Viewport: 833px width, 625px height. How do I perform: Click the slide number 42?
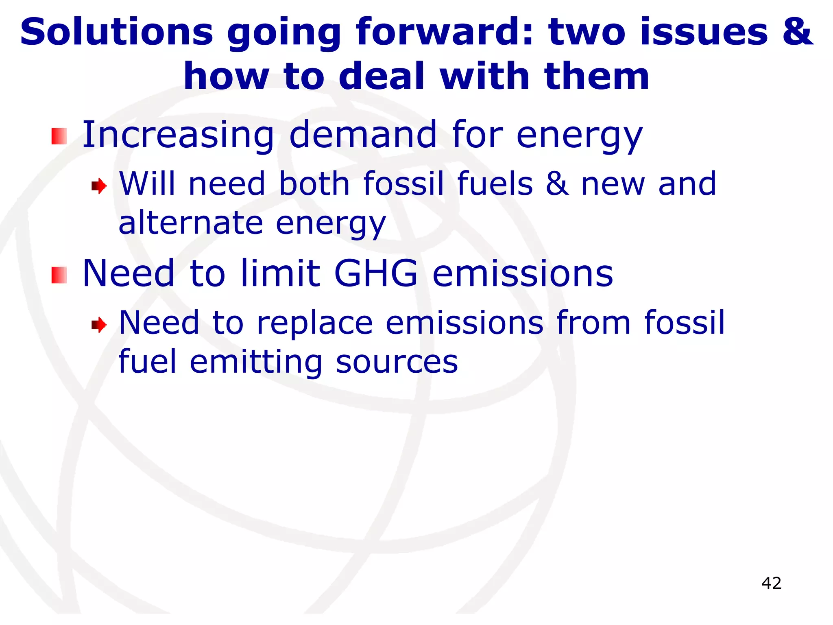771,583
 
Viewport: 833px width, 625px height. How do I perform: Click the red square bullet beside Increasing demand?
59,136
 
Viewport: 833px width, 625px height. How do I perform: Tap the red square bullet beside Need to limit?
59,275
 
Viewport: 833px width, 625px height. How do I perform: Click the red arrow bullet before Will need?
99,186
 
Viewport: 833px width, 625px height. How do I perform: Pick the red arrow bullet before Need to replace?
99,325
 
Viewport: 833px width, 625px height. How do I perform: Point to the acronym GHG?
376,273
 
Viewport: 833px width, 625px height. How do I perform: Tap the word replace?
314,323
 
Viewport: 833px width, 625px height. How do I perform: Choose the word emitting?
256,362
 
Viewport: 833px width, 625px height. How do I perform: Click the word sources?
397,362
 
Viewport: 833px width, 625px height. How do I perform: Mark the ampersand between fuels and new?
557,184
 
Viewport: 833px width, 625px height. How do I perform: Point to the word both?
314,184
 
